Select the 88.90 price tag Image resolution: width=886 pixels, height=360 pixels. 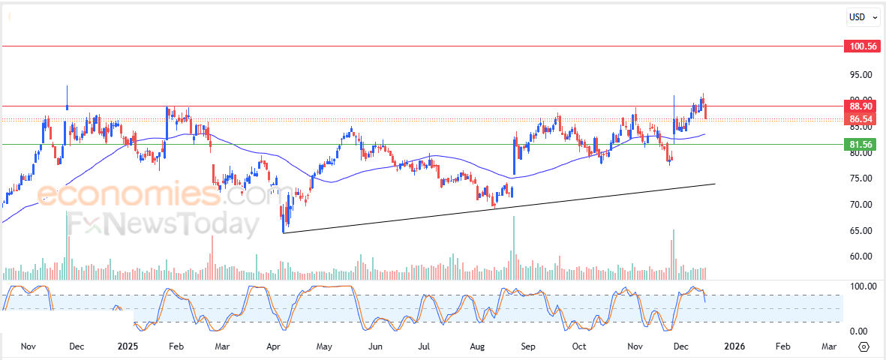coord(860,107)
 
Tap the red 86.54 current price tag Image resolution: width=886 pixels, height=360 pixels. coord(860,119)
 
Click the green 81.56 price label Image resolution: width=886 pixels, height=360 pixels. coord(860,144)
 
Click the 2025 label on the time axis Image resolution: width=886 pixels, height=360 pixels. coord(128,346)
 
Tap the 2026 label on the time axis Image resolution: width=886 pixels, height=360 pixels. coord(734,346)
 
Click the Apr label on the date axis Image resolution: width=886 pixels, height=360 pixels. coord(274,346)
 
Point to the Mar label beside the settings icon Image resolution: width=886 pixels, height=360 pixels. coord(829,346)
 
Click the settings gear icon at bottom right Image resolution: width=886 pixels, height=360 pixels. coord(863,346)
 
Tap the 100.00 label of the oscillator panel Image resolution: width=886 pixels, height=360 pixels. coord(860,286)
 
